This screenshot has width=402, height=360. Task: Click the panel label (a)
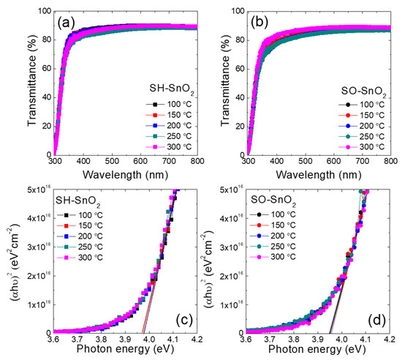point(67,20)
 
